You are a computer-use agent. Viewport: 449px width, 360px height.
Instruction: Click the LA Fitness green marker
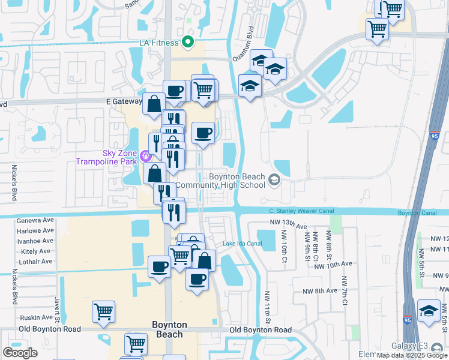click(x=187, y=42)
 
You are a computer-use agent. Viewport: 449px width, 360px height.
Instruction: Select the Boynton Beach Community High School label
click(x=237, y=181)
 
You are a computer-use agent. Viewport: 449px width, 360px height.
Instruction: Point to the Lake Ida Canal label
click(x=243, y=244)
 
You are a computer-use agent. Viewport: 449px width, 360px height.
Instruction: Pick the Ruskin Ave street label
click(x=35, y=317)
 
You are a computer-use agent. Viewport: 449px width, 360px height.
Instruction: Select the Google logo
click(x=20, y=353)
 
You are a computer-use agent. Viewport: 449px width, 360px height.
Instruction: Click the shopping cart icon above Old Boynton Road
click(x=103, y=312)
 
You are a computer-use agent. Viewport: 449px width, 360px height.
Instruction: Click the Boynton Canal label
click(x=417, y=213)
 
